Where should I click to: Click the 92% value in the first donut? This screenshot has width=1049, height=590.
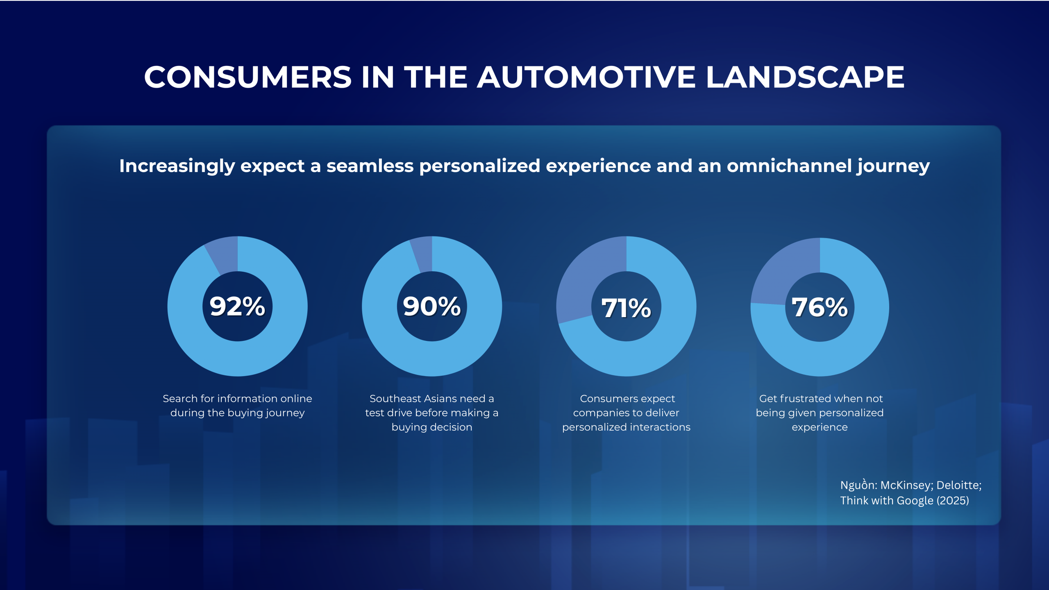tap(237, 306)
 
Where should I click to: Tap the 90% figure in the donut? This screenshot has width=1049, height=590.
tap(431, 306)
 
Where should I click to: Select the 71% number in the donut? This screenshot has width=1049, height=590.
tap(626, 308)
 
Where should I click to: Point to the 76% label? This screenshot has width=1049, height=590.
tap(820, 307)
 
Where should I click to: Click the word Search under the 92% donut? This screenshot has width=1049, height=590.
tap(180, 399)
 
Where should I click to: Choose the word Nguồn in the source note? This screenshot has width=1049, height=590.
tap(858, 485)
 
